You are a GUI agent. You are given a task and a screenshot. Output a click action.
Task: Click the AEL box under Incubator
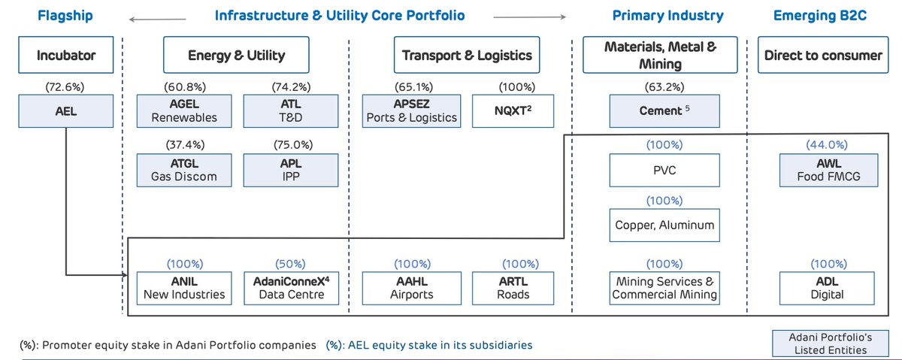click(x=65, y=111)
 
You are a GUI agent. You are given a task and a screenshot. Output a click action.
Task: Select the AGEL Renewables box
click(x=184, y=111)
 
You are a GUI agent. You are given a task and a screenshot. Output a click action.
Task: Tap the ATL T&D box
click(x=291, y=111)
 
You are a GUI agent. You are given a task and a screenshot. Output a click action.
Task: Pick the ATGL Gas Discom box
click(x=184, y=170)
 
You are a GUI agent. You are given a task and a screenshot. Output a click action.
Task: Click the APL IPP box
click(x=291, y=170)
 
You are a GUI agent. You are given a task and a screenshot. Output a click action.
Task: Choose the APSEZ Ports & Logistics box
click(x=412, y=111)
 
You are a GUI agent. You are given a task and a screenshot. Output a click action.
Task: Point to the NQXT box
click(x=513, y=111)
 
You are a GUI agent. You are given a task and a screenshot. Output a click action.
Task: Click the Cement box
click(x=664, y=111)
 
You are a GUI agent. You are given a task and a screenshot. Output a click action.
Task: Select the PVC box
click(x=664, y=170)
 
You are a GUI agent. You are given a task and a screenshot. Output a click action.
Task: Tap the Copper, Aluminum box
click(x=664, y=225)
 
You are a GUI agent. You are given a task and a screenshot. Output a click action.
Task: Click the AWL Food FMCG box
click(x=828, y=170)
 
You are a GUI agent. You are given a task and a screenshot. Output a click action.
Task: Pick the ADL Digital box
click(x=827, y=289)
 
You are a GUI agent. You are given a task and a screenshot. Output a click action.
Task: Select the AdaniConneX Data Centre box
click(x=291, y=289)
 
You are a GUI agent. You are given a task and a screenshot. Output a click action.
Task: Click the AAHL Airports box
click(x=412, y=289)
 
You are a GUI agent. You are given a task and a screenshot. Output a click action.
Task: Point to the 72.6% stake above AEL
click(x=65, y=87)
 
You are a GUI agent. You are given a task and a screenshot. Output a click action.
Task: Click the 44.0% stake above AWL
click(x=827, y=144)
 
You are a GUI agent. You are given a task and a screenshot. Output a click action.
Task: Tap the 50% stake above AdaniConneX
click(x=290, y=264)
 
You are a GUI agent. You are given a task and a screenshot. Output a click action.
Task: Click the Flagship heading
click(x=65, y=15)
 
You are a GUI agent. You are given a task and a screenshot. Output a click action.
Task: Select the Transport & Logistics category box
click(x=467, y=55)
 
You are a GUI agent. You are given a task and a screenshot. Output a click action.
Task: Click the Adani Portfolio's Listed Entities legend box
click(x=831, y=343)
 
